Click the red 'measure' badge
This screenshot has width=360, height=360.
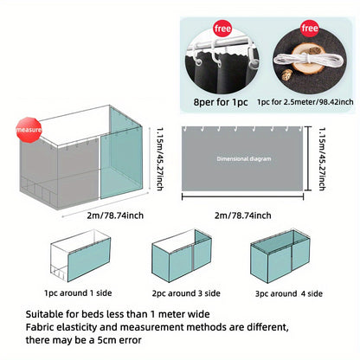tap(29, 130)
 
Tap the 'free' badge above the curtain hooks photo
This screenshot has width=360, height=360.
tap(222, 29)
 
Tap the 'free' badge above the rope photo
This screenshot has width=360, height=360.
tap(310, 29)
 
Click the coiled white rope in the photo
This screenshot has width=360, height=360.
tap(309, 60)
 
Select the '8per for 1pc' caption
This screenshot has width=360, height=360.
tap(221, 102)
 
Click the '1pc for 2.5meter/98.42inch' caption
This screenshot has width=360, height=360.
tap(305, 102)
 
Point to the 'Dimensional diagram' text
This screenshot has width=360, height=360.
tap(244, 158)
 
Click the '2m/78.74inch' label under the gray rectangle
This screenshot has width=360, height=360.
tap(243, 215)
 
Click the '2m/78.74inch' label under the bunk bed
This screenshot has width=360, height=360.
tap(115, 215)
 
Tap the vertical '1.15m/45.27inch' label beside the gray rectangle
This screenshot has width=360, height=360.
tap(322, 159)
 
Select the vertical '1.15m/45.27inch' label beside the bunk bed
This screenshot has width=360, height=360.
tap(160, 159)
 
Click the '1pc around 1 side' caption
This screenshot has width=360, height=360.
tap(78, 293)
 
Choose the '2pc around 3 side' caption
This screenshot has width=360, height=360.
tap(186, 293)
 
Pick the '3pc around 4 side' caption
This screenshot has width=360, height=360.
tap(289, 293)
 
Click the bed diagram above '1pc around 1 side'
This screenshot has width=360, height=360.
tap(80, 256)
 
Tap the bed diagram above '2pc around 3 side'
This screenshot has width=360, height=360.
tap(182, 256)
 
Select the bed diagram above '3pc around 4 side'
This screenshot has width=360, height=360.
tap(280, 256)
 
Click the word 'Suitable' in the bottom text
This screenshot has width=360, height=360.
tap(44, 314)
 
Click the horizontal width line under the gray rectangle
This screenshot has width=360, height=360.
tap(242, 196)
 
